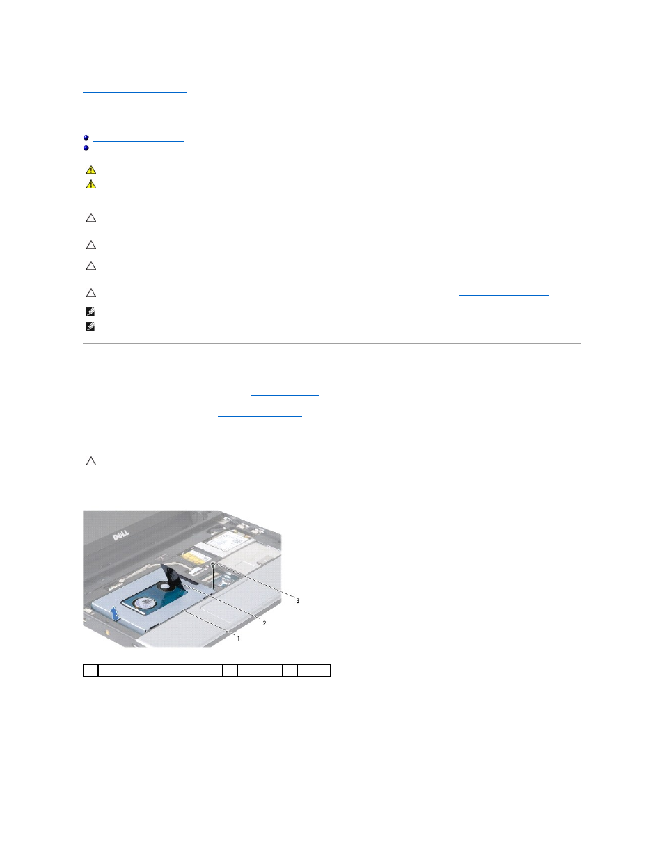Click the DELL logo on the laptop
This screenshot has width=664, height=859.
[x=121, y=536]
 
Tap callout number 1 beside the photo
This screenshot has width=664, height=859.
[x=239, y=639]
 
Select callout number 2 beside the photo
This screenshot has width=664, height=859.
[x=264, y=623]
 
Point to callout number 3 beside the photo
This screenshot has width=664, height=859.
[x=297, y=601]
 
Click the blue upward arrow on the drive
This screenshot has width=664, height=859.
[x=114, y=614]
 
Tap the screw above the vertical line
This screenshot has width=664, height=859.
[x=213, y=563]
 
